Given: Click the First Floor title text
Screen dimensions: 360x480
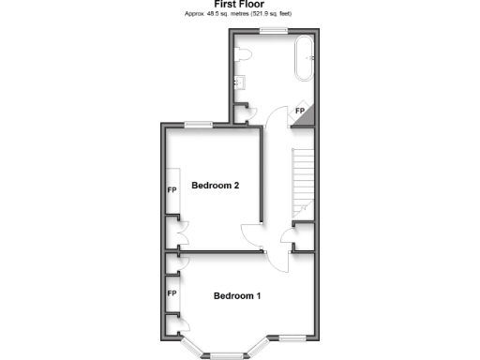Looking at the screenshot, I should coord(239,5).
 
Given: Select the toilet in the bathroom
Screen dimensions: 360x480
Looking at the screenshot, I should coord(242,57).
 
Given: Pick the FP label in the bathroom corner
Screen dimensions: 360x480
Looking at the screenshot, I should coord(300,112).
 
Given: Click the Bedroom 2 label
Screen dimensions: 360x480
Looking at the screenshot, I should coord(216,186).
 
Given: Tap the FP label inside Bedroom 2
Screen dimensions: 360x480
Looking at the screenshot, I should coord(172,190).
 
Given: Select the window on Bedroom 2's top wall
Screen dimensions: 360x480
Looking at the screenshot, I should coord(197,125).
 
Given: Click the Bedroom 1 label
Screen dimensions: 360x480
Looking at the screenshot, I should coord(236,296).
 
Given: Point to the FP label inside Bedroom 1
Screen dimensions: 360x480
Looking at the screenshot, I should coord(172,293).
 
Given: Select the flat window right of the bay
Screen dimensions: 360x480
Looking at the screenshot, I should coord(292,337).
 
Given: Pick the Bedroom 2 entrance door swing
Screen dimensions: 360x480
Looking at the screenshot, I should coord(251,236).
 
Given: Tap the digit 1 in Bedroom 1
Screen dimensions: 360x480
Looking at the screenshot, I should coord(257,296).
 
